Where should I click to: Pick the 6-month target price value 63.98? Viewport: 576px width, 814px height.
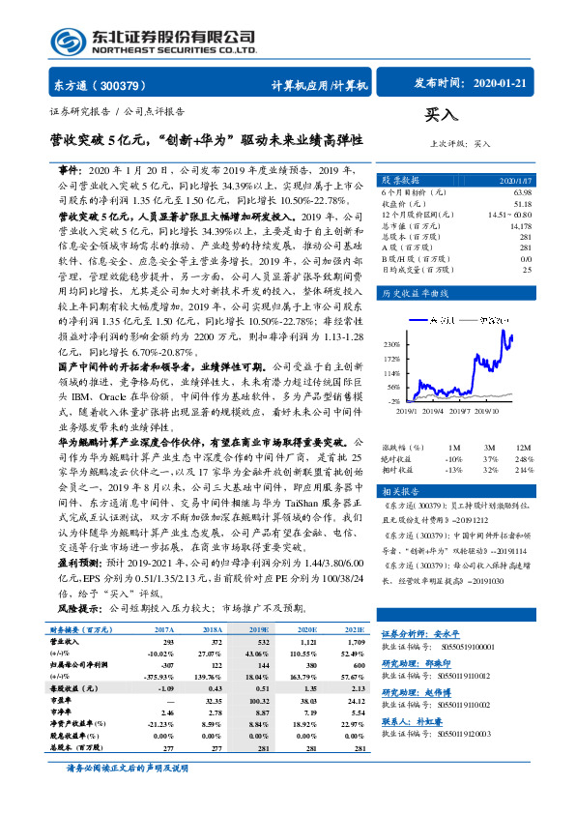pyautogui.click(x=523, y=193)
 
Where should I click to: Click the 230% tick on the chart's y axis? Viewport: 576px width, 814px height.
pyautogui.click(x=391, y=343)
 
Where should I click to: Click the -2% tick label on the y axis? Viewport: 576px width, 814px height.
pyautogui.click(x=393, y=399)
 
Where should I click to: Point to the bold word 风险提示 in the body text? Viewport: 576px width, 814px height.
pyautogui.click(x=79, y=610)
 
